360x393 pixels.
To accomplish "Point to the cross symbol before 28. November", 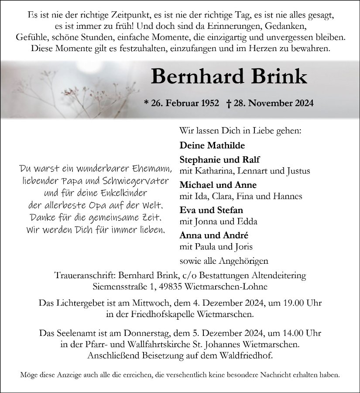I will [229, 103].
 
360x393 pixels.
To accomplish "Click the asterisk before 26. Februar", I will [146, 103].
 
